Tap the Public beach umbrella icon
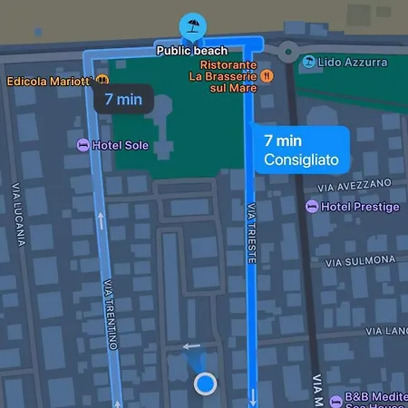tap(191, 24)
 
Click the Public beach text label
tap(191, 51)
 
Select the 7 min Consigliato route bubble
tap(301, 151)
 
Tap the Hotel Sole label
tap(123, 145)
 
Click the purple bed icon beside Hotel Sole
tap(83, 145)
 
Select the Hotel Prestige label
tap(360, 207)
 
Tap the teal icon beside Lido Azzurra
tap(310, 62)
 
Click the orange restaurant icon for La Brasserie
tap(266, 78)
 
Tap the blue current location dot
tap(206, 384)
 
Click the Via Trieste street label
tap(251, 234)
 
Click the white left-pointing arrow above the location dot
tap(191, 345)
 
